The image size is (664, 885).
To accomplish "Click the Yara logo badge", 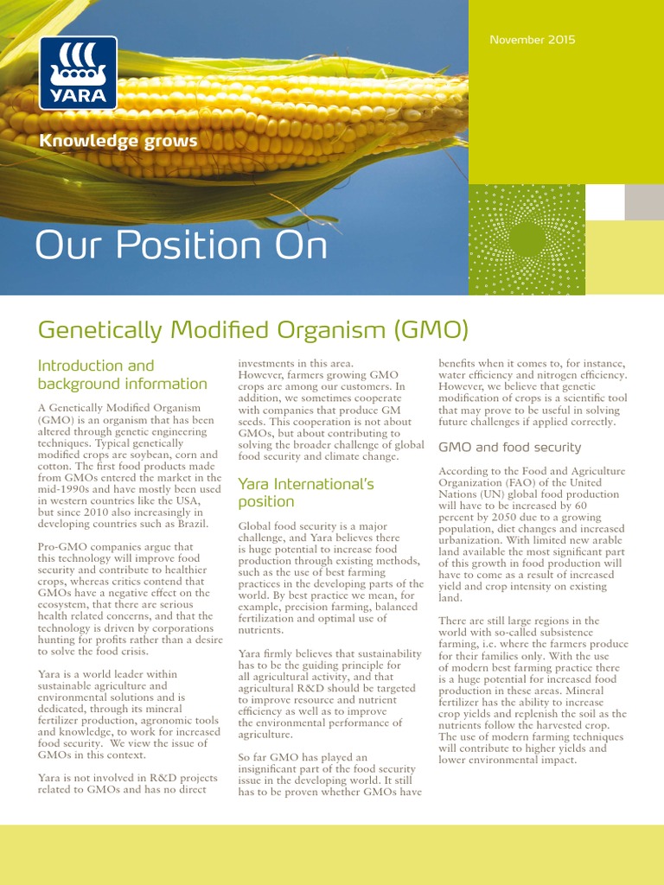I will pyautogui.click(x=78, y=73).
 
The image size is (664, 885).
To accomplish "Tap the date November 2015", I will pyautogui.click(x=532, y=40).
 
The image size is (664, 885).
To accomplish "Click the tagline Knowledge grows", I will pyautogui.click(x=118, y=141).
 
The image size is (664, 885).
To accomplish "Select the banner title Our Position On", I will pyautogui.click(x=182, y=246).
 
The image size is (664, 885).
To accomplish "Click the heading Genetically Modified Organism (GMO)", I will pyautogui.click(x=252, y=329).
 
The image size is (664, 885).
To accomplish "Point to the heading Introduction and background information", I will pyautogui.click(x=122, y=374).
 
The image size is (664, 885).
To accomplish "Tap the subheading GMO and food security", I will pyautogui.click(x=510, y=448).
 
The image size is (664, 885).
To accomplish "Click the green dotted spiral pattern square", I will pyautogui.click(x=526, y=239).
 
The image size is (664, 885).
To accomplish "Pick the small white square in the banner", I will pyautogui.click(x=604, y=202).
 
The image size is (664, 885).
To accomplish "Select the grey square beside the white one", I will pyautogui.click(x=644, y=202).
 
